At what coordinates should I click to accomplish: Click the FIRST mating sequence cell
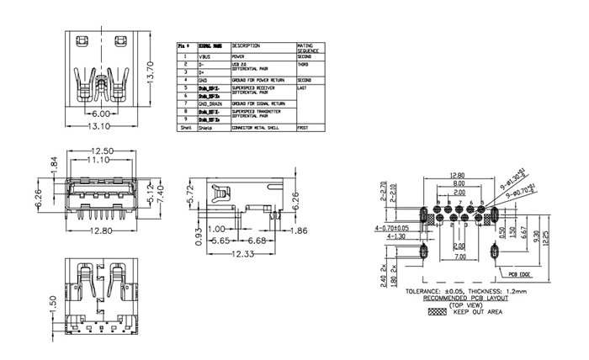click(x=304, y=127)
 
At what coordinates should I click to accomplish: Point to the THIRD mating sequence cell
click(x=304, y=63)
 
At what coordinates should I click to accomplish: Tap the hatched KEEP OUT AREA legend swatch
click(x=438, y=310)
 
